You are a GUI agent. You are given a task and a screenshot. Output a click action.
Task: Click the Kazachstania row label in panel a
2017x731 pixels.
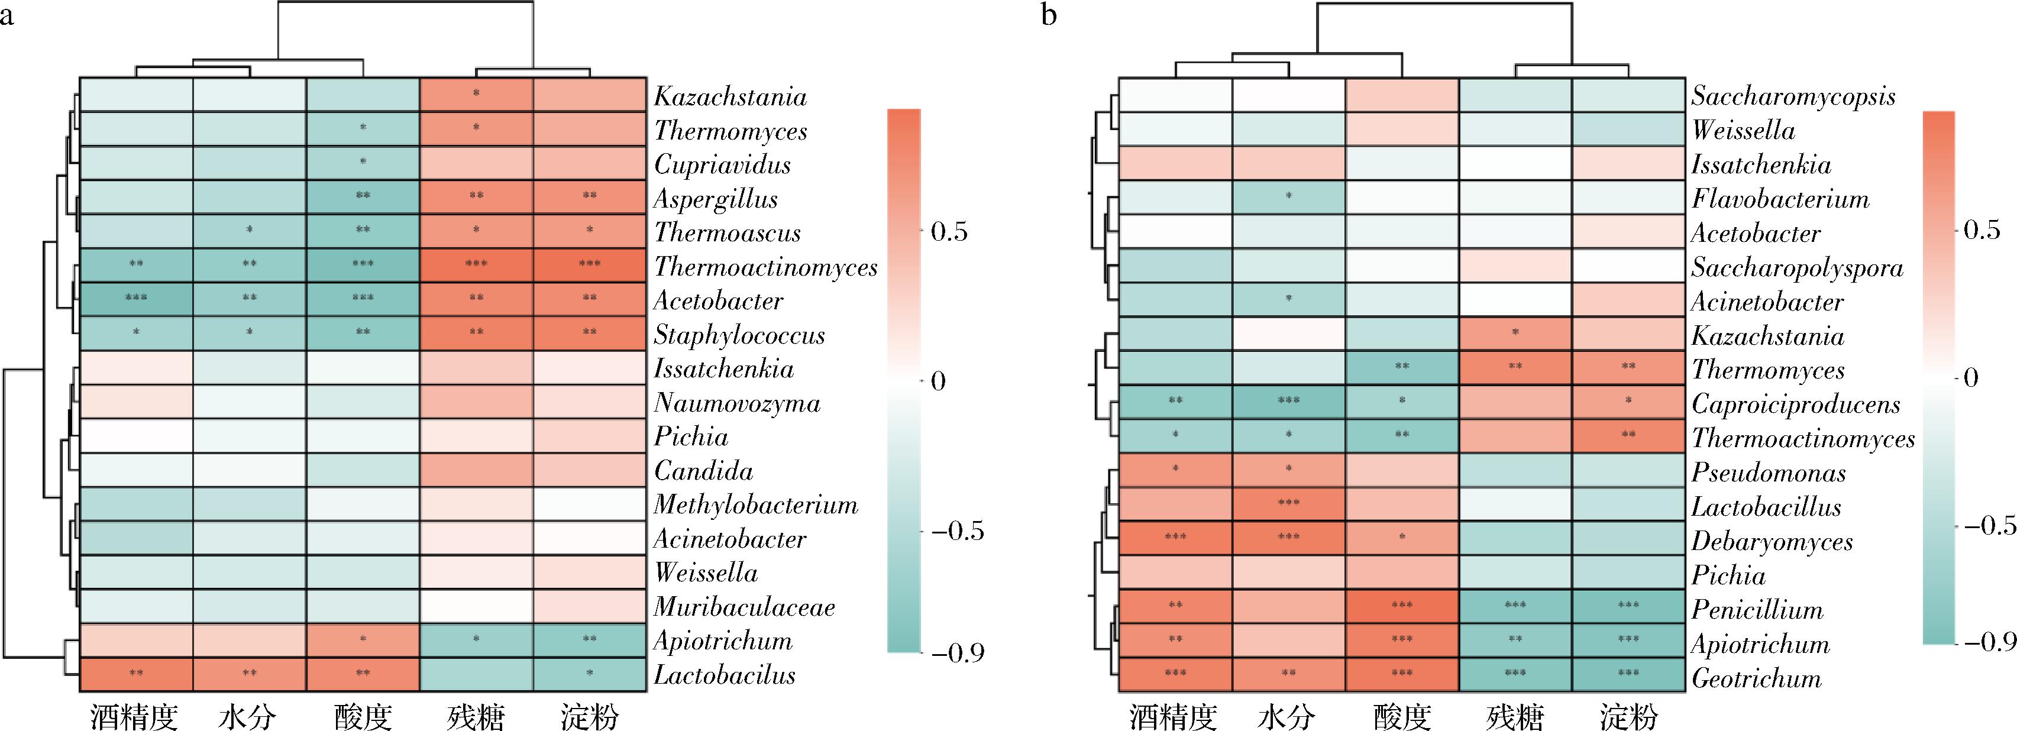(x=730, y=96)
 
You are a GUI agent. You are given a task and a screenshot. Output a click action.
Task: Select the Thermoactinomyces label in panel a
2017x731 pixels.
(x=765, y=267)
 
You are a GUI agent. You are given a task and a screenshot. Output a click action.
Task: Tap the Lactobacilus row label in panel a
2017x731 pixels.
(x=724, y=675)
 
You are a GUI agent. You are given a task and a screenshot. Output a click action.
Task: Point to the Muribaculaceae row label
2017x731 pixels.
(x=744, y=607)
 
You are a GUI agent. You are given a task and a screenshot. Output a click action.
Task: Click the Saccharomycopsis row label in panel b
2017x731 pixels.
(x=1793, y=96)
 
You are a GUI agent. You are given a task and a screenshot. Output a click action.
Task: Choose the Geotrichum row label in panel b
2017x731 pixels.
(x=1756, y=678)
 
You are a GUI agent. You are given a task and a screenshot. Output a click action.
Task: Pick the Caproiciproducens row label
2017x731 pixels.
(x=1795, y=405)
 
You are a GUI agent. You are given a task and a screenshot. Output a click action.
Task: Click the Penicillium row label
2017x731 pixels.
(x=1757, y=610)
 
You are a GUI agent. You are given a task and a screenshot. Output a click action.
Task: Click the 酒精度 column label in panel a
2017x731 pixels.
(x=135, y=716)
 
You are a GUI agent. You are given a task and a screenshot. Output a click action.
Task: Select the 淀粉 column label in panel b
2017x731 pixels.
(x=1628, y=716)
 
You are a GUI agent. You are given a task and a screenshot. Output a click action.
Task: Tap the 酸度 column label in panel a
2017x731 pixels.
(x=363, y=716)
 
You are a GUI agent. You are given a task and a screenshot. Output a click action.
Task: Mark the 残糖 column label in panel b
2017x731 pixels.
(x=1515, y=716)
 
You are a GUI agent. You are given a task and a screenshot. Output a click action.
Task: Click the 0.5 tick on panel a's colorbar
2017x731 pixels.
(x=948, y=232)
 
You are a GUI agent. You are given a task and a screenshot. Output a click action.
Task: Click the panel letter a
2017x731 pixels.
(x=7, y=15)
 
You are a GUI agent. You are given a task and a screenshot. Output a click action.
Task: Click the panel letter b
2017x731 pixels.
(x=1049, y=15)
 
